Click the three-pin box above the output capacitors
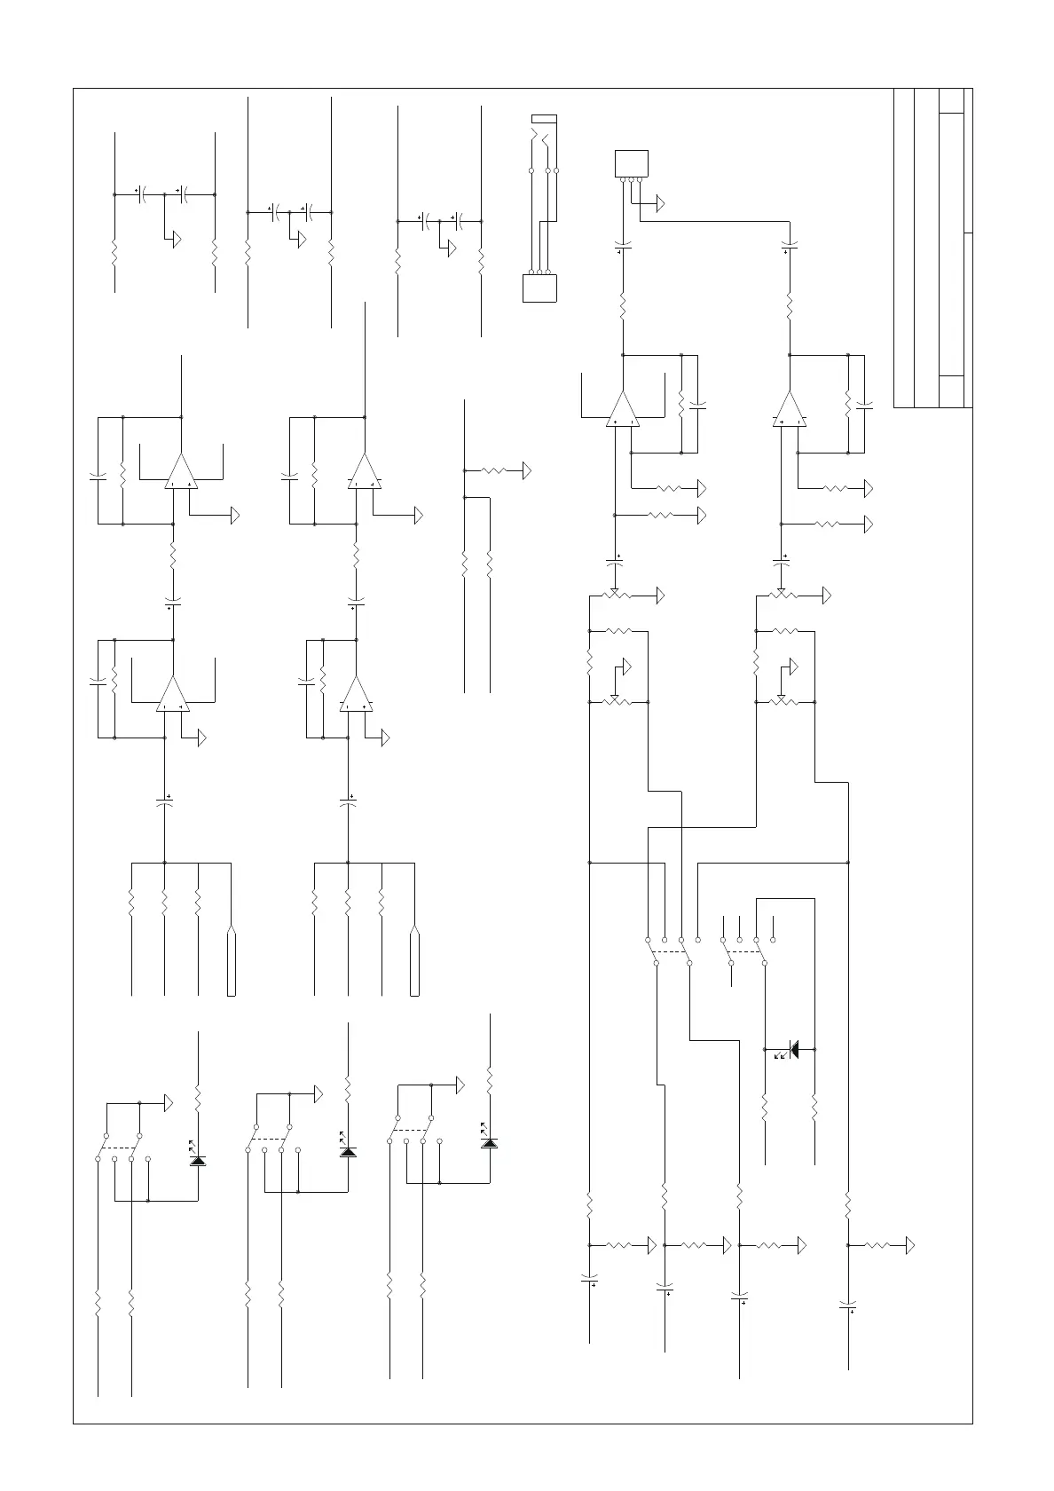point(632,164)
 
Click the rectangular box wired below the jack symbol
point(540,288)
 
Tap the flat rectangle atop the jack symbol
point(544,118)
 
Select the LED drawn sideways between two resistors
point(792,1049)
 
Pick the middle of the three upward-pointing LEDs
point(348,1152)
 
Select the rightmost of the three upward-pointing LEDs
point(488,1142)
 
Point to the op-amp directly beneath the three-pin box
point(623,410)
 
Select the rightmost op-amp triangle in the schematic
point(790,410)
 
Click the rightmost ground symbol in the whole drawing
point(908,1245)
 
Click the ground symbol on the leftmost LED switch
point(168,1104)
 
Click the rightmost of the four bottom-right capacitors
point(848,1305)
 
